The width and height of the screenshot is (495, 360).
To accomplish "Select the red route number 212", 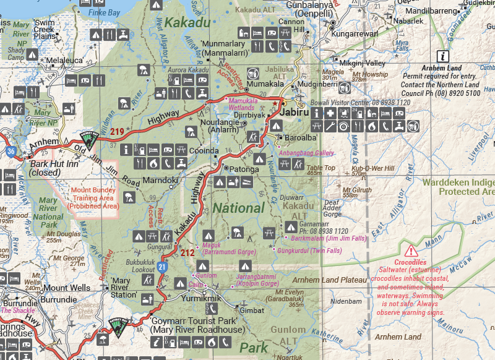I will pos(188,252).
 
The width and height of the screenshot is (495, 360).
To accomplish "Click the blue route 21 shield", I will pos(161,267).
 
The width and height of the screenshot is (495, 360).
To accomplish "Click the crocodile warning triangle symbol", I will pos(411,251).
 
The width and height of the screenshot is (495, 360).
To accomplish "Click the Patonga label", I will pos(245,168).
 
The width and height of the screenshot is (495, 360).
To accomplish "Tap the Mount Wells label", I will pos(66,288).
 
